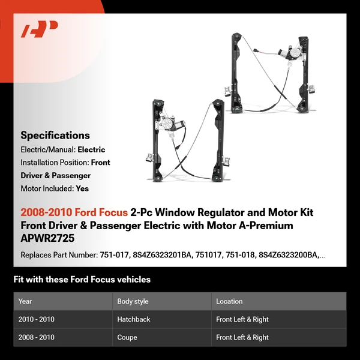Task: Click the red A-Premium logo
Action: pos(40,29)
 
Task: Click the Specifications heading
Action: pos(55,136)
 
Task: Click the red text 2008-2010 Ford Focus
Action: pos(74,212)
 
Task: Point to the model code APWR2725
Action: pos(46,238)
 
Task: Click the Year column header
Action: pos(25,301)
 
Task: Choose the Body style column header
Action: pos(133,301)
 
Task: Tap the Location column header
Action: pos(229,301)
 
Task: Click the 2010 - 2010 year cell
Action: pos(36,320)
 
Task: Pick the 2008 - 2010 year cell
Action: pos(36,337)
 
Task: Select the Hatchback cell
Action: pos(134,320)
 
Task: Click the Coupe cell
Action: pos(127,337)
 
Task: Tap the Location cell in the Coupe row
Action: pos(242,337)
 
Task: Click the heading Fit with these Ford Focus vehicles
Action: pos(82,280)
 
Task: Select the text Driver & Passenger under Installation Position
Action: pos(56,176)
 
